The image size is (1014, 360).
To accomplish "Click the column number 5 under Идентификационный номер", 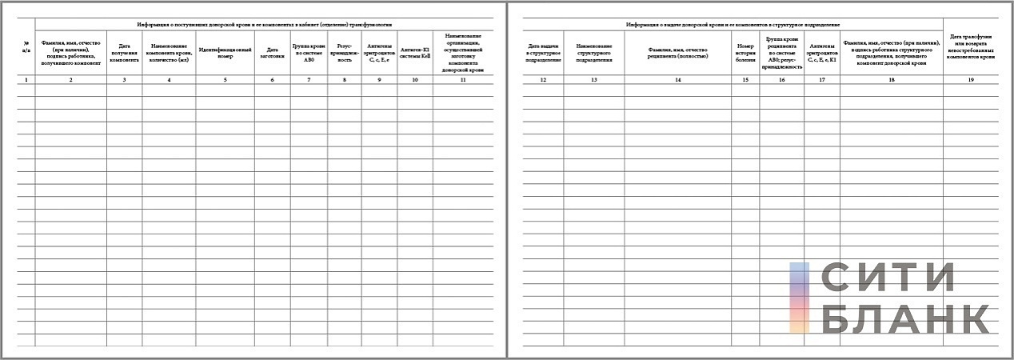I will click(x=225, y=80).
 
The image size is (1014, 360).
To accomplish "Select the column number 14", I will click(x=677, y=80).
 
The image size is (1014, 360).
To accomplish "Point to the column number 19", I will click(x=971, y=80).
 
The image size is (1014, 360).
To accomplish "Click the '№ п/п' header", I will click(x=26, y=45).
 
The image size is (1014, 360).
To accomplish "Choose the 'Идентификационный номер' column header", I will click(x=225, y=53).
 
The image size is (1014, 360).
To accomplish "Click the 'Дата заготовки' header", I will click(x=272, y=53).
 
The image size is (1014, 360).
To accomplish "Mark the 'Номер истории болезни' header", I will click(x=745, y=53).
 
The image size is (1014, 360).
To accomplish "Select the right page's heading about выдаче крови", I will click(x=733, y=25).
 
